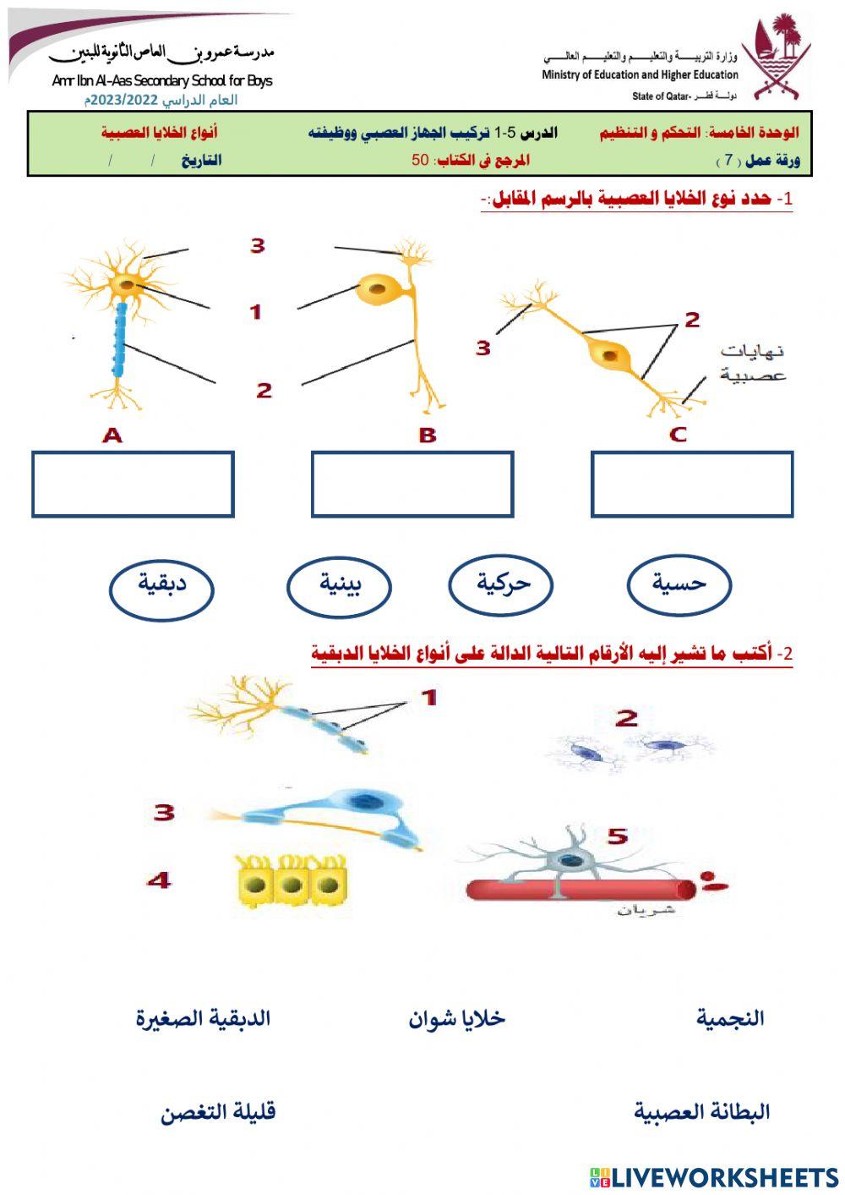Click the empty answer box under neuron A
pos(133,484)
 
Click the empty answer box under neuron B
pos(412,484)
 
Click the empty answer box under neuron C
pos(692,484)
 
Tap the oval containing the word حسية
pos(679,584)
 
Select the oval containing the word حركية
pos(501,584)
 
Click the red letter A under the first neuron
pos(112,436)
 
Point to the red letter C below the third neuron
pos(678,435)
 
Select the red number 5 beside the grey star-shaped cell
pos(618,836)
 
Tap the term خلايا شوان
pos(456,1018)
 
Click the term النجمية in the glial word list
pos(730,1018)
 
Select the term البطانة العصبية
pos(701,1111)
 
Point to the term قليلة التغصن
pos(218,1112)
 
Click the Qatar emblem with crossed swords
pos(776,58)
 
